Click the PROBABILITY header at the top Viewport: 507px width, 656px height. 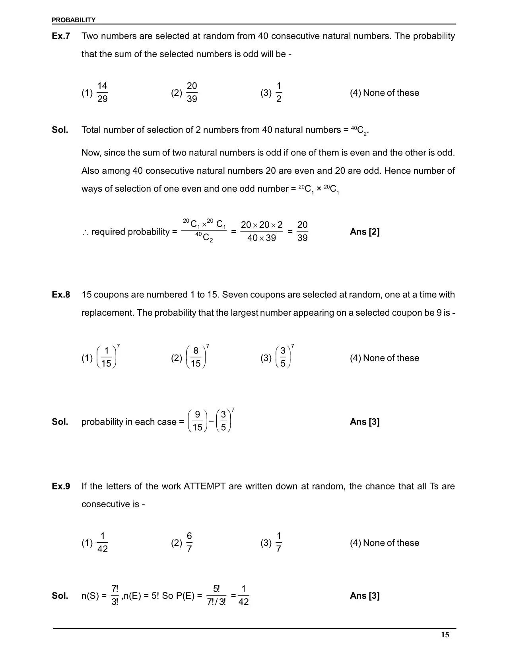click(74, 20)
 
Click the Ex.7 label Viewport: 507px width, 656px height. click(61, 36)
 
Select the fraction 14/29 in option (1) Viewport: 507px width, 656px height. click(102, 93)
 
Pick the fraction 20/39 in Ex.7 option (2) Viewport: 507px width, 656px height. click(192, 93)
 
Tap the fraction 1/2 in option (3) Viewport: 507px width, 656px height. click(279, 93)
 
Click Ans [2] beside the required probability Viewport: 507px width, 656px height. click(365, 232)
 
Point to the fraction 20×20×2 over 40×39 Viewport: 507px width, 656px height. click(261, 231)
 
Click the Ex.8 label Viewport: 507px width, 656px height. click(61, 295)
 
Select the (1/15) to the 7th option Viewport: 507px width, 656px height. click(107, 357)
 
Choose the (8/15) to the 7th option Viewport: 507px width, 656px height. click(196, 357)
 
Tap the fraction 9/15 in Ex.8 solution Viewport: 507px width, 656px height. click(197, 421)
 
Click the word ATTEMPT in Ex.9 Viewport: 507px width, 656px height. click(204, 486)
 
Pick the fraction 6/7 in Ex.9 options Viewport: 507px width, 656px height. click(189, 543)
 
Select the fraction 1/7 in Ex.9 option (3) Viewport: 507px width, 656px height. click(279, 543)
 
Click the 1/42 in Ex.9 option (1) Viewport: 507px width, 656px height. click(103, 543)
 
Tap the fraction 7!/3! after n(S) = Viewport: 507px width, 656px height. click(115, 595)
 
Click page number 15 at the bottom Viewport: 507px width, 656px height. click(445, 635)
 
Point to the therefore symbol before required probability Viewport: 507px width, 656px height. click(85, 232)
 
